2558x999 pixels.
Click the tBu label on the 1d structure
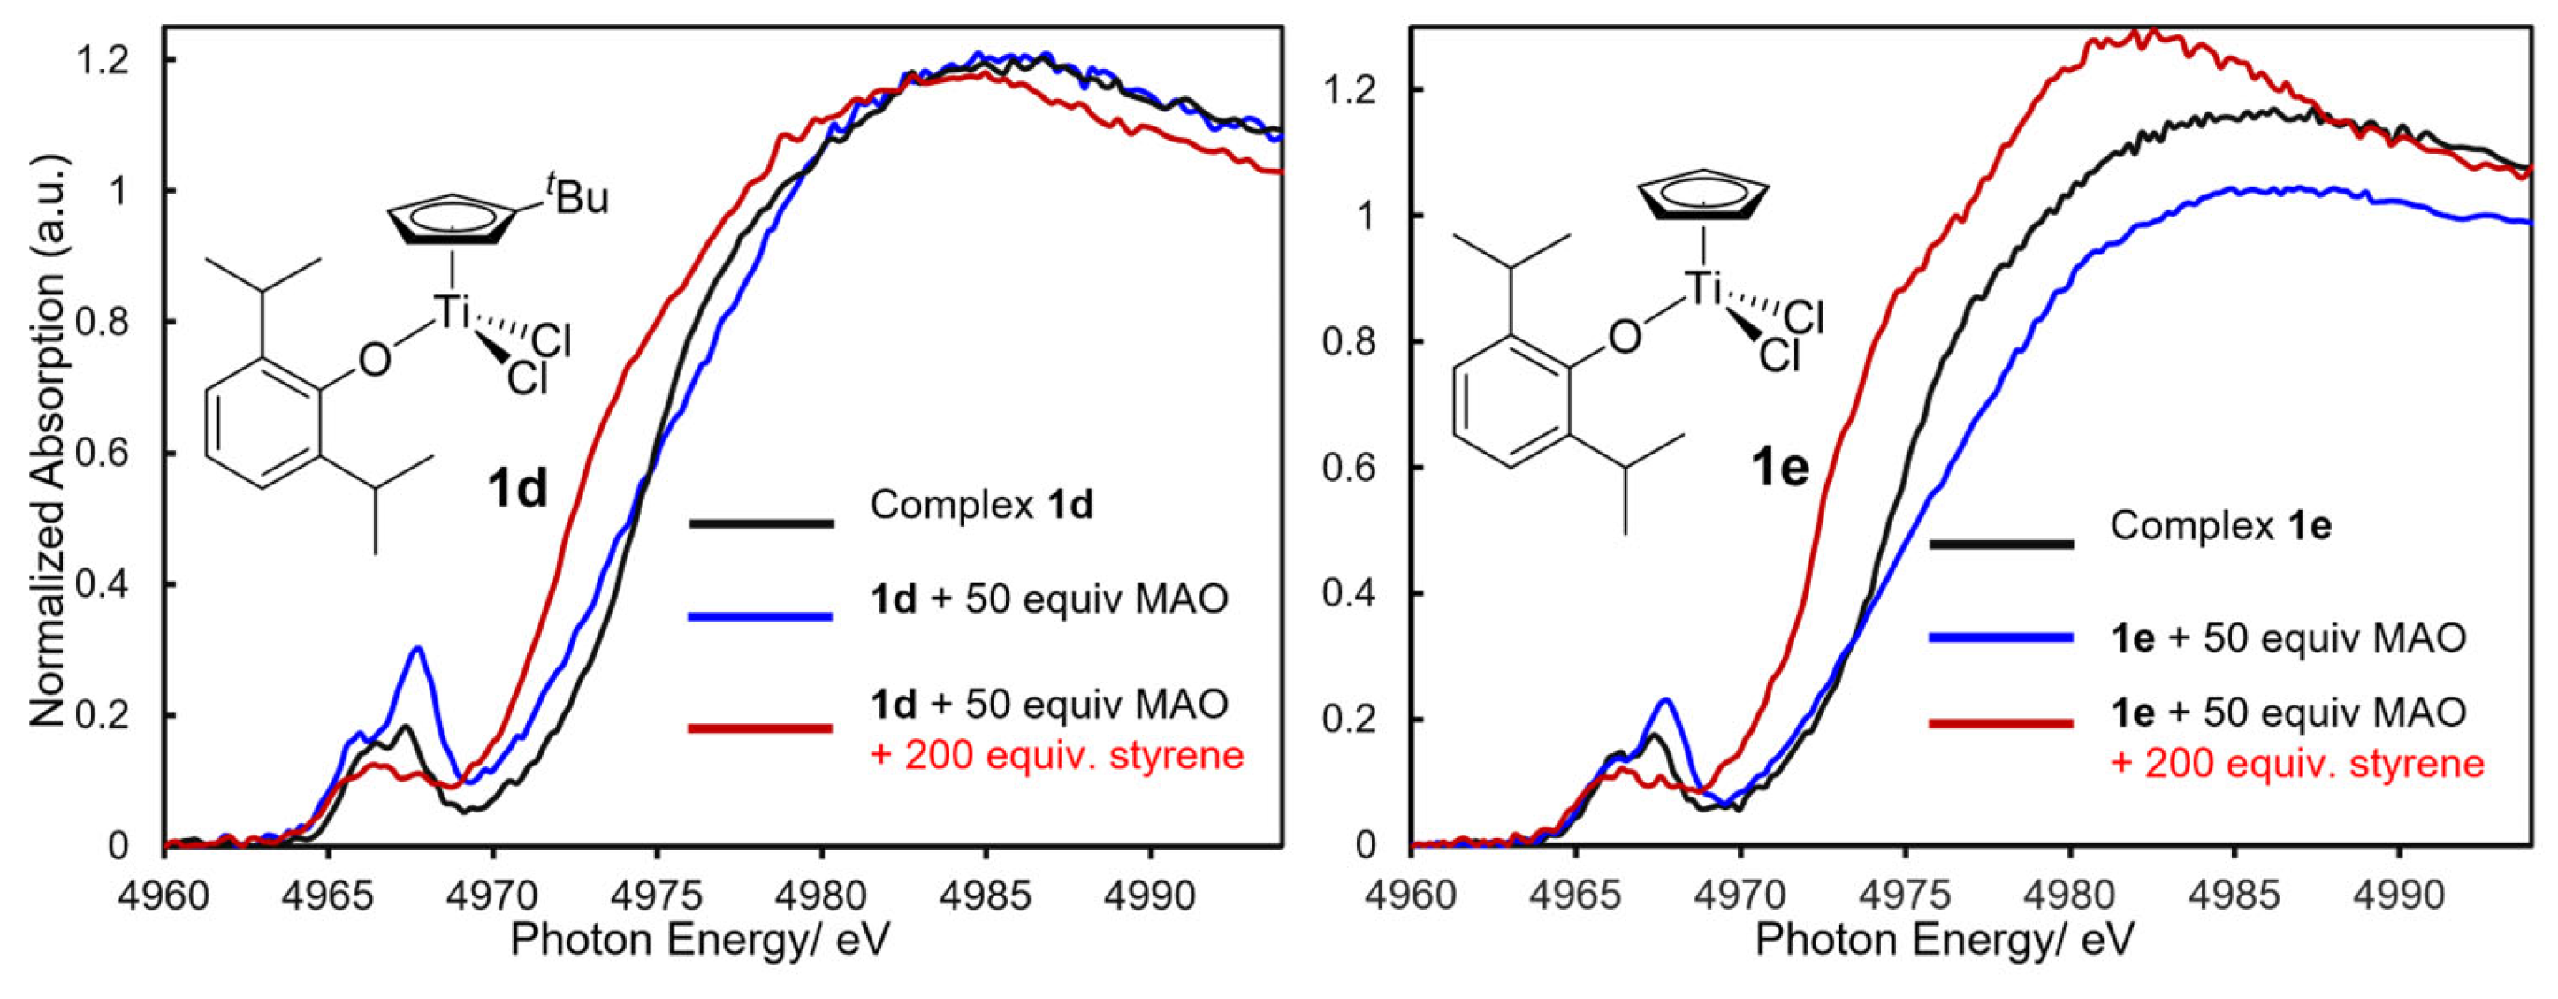(576, 194)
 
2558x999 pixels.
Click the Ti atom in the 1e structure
(1703, 289)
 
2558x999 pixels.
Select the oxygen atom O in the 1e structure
(1625, 337)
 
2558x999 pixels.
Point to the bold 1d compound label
(517, 489)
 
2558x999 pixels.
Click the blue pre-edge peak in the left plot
(418, 651)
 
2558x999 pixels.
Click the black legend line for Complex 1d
(761, 522)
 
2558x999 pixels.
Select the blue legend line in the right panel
(2001, 637)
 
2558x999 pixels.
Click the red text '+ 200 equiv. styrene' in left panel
(1056, 756)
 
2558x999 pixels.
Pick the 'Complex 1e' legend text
(2220, 525)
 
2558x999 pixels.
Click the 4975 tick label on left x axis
(657, 896)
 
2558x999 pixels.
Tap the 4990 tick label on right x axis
(2399, 896)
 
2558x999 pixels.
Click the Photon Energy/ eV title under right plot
(1945, 940)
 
